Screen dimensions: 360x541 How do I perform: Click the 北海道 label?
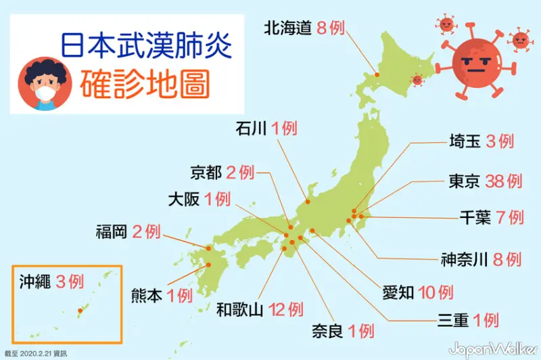tap(287, 28)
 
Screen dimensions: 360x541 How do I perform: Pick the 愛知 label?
tap(399, 292)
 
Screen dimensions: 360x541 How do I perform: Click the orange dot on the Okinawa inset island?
tap(80, 311)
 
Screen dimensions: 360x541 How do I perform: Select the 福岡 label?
tap(111, 233)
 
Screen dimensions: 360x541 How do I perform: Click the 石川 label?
tap(252, 127)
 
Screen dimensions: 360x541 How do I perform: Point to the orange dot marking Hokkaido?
tap(376, 76)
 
